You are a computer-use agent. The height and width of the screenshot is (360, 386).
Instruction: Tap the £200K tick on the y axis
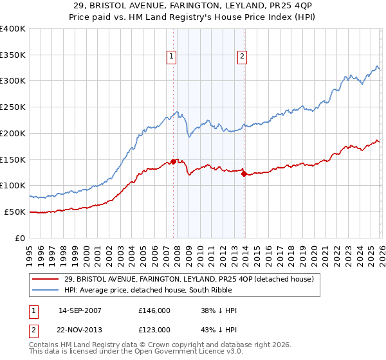click(13, 133)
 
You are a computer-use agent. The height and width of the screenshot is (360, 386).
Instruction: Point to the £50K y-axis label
click(15, 212)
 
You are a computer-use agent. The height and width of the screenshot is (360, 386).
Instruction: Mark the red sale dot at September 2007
click(173, 161)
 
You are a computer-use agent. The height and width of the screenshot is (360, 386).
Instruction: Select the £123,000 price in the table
click(154, 330)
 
